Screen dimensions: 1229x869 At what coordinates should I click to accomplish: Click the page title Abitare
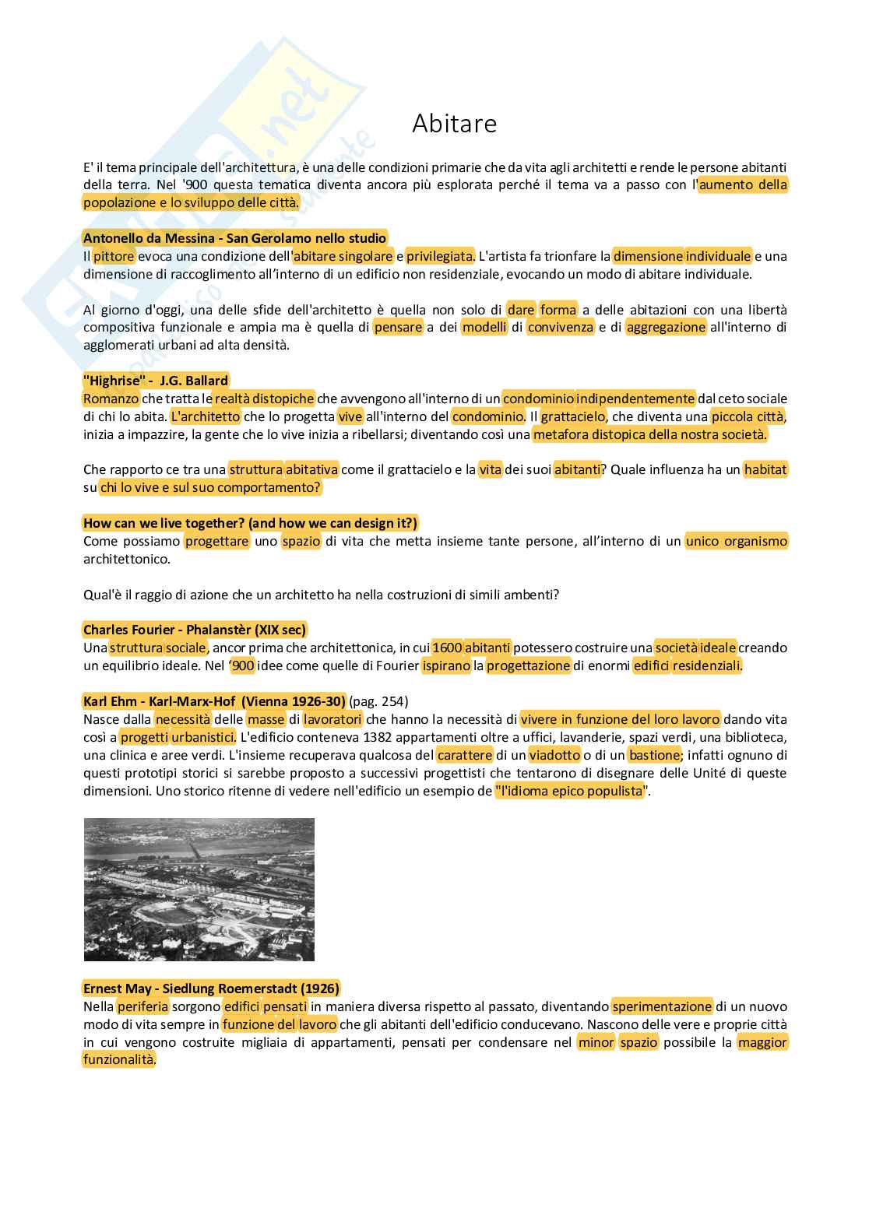[454, 124]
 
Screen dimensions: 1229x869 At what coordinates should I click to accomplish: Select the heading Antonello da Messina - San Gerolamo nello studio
[234, 238]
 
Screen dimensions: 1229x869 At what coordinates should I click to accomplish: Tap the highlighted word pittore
[114, 256]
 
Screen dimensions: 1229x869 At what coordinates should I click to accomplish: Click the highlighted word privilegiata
[440, 256]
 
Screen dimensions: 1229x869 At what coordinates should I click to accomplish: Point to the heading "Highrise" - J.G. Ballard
[156, 381]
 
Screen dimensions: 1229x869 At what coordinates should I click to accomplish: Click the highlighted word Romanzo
[111, 399]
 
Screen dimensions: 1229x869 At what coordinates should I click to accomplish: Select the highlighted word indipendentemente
[635, 399]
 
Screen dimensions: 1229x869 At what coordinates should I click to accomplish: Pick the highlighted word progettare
[217, 541]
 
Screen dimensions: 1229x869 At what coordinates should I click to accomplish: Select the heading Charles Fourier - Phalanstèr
[195, 630]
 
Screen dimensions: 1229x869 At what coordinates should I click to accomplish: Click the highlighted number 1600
[447, 648]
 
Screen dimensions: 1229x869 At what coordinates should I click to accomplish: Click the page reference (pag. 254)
[378, 701]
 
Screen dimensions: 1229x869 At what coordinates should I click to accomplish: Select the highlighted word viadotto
[554, 755]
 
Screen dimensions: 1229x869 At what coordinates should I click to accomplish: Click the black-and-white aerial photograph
[199, 890]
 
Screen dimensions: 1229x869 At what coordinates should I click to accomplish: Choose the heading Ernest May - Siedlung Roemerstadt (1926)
[211, 988]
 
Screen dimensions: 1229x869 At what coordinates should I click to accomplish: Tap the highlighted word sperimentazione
[662, 1006]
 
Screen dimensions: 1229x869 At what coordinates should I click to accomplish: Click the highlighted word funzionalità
[119, 1060]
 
